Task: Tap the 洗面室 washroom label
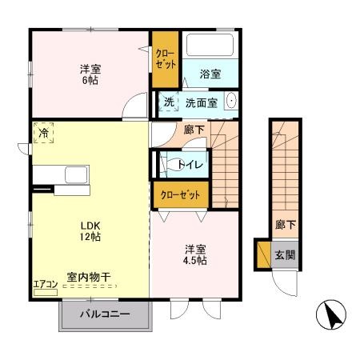click(x=202, y=102)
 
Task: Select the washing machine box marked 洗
click(x=170, y=102)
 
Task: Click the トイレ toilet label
click(x=190, y=164)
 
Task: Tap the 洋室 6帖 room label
click(x=89, y=74)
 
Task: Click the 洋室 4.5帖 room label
click(x=194, y=254)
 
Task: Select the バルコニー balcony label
click(x=104, y=314)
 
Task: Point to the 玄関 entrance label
click(x=286, y=255)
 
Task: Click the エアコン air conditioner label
click(x=44, y=282)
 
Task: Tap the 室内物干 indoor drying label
click(x=89, y=277)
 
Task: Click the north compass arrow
click(x=332, y=317)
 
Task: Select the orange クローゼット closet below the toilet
click(x=181, y=194)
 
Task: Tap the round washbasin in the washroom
click(x=231, y=102)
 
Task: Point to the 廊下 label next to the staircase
click(x=194, y=129)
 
